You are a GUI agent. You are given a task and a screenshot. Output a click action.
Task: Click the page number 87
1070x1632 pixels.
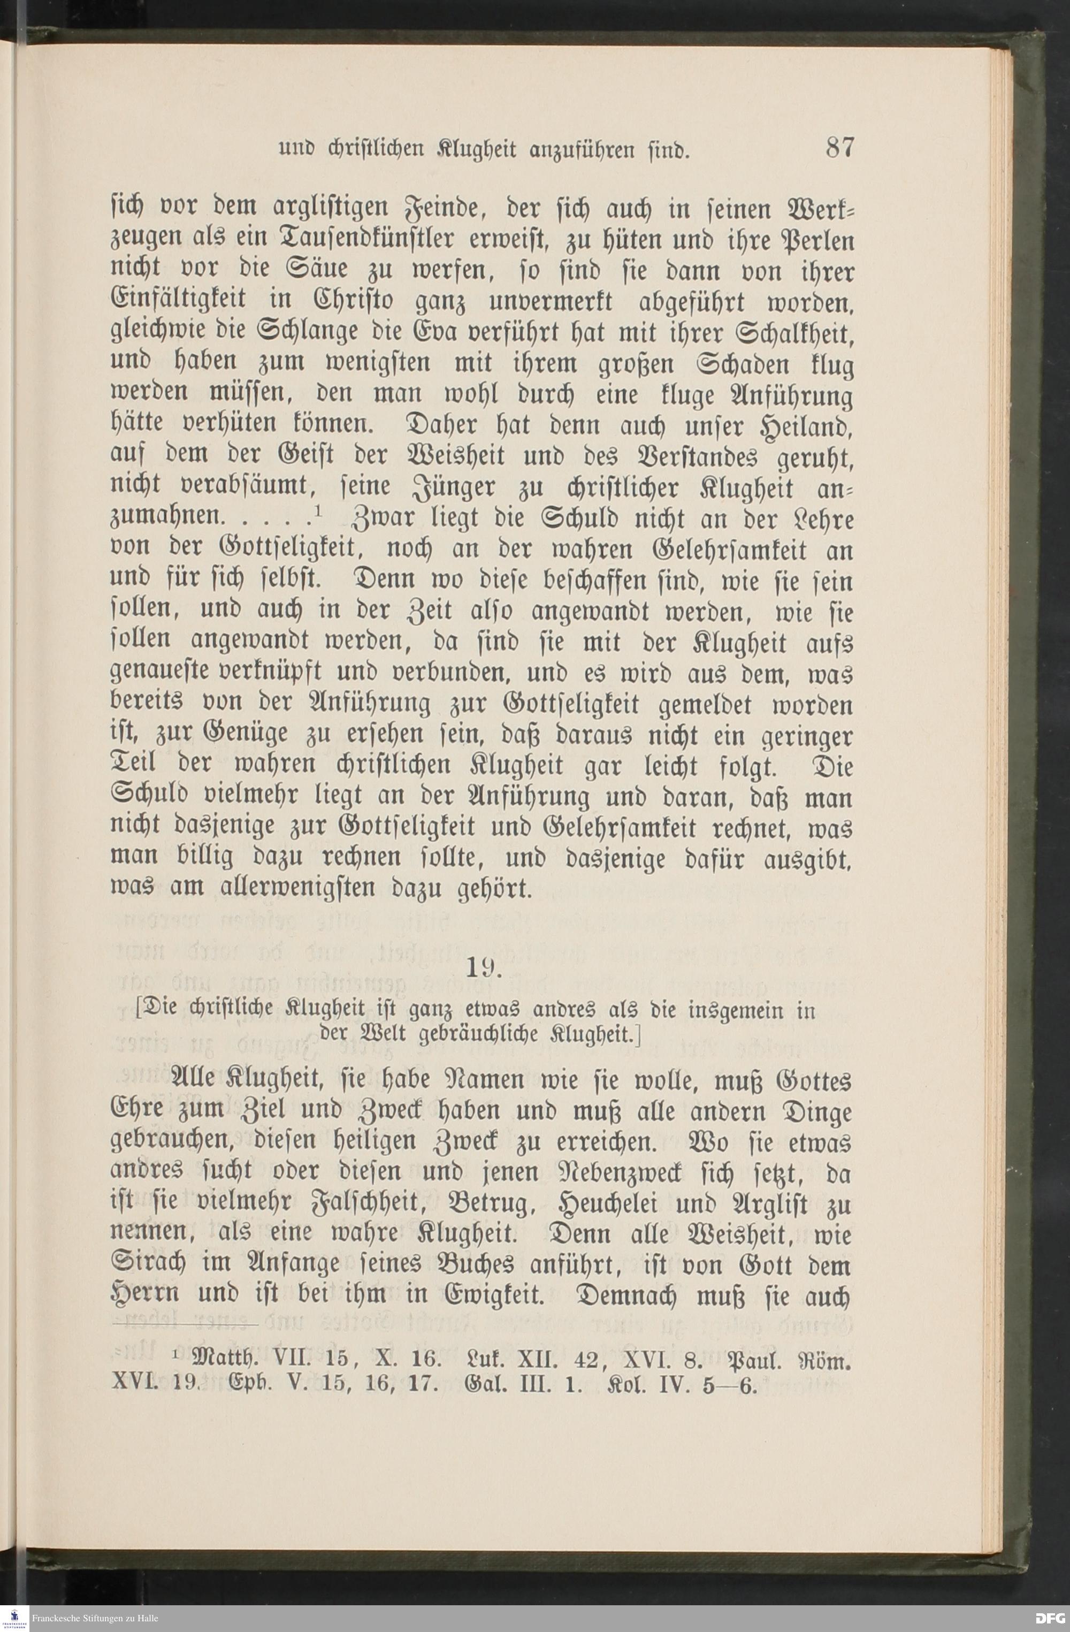click(x=840, y=148)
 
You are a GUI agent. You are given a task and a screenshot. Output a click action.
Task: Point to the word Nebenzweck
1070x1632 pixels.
click(x=646, y=1174)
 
